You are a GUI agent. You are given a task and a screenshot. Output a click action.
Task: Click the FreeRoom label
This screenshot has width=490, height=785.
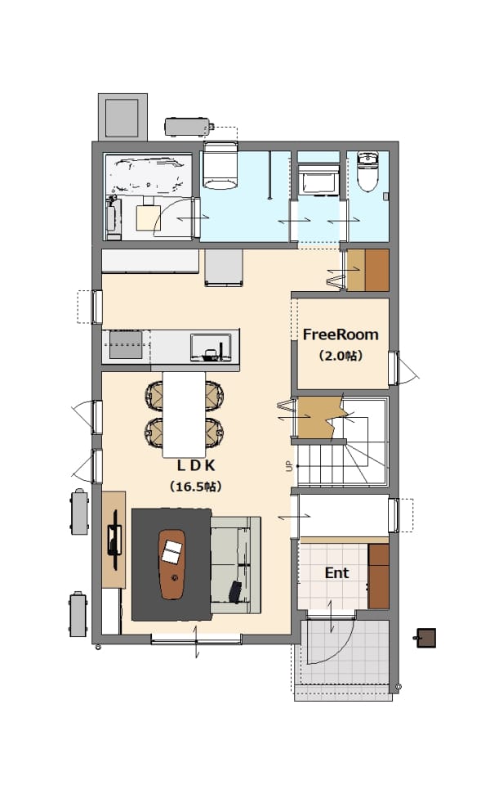[341, 334]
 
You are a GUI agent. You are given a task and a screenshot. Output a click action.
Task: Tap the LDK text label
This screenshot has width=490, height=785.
[196, 465]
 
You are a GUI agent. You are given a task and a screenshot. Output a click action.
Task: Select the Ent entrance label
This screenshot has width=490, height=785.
[337, 572]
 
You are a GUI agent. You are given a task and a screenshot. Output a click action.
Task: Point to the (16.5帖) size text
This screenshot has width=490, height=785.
[195, 486]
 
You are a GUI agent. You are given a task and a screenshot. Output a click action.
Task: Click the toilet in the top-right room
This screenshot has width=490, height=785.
[368, 172]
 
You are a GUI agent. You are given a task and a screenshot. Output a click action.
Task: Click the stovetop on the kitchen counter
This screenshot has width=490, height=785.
[126, 344]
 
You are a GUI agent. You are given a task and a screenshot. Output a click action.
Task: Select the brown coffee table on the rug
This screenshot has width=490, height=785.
[172, 564]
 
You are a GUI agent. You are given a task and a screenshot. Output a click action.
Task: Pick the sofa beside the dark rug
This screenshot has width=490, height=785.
[235, 565]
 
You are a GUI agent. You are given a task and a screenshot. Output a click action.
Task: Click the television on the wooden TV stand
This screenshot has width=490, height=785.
[114, 540]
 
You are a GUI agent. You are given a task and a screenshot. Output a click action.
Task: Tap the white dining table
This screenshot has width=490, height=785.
[184, 414]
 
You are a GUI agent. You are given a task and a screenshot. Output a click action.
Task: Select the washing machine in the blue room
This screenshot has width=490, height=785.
[220, 166]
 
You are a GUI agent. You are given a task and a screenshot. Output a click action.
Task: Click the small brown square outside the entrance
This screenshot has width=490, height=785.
[426, 638]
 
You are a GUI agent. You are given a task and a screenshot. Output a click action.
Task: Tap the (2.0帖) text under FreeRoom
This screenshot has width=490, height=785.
[341, 356]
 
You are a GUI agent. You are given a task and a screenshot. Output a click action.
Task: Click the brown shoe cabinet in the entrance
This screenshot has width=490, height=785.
[378, 576]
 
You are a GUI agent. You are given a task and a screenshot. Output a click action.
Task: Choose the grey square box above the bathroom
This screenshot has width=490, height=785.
[122, 117]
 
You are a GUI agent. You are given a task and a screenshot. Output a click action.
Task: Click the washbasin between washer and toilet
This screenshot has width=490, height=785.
[318, 179]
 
